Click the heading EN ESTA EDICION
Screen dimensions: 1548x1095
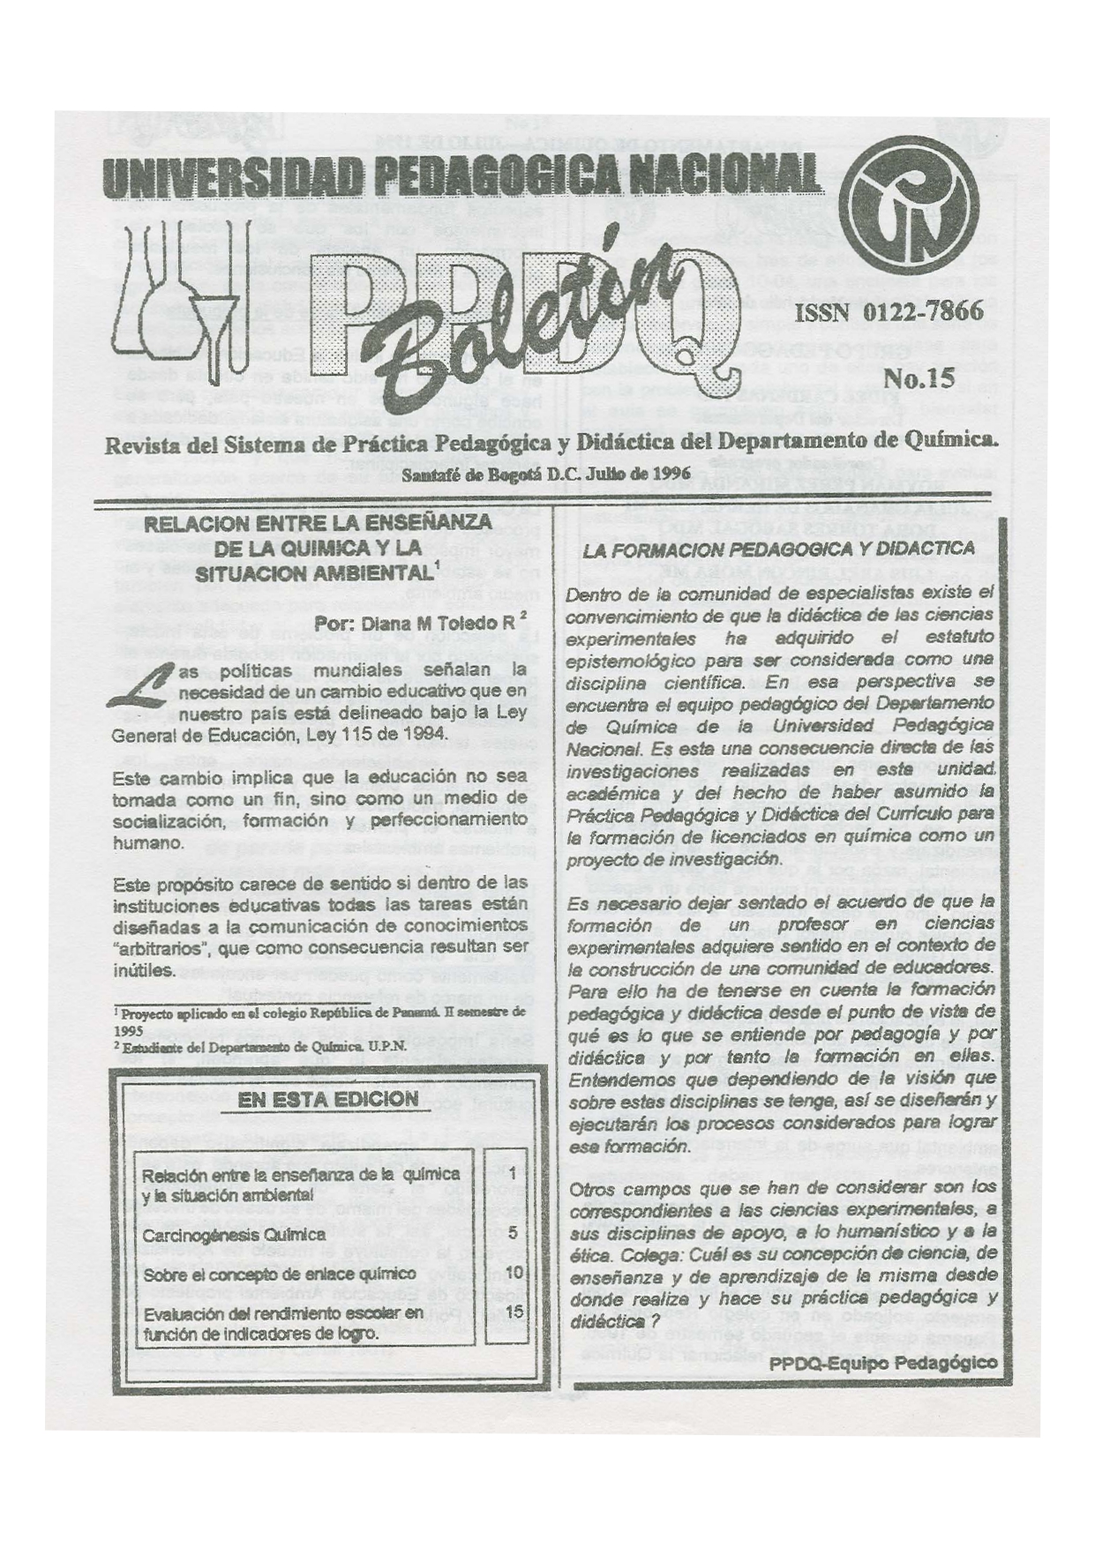(x=327, y=1099)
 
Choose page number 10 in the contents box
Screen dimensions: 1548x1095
(x=515, y=1272)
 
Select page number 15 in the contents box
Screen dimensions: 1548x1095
(x=515, y=1312)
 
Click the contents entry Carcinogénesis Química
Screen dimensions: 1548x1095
(x=234, y=1235)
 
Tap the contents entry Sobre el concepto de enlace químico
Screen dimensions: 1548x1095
(x=279, y=1275)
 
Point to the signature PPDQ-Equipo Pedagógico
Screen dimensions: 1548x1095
(x=883, y=1362)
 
